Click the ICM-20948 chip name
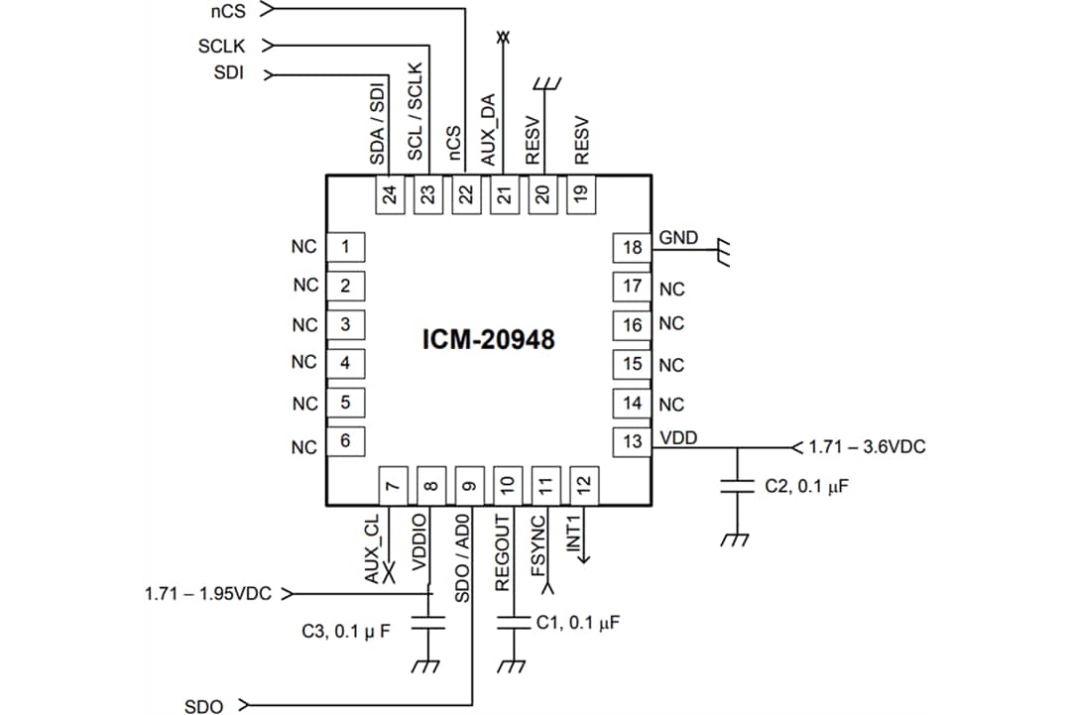click(490, 340)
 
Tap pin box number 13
click(632, 442)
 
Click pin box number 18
click(632, 247)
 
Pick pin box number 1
click(344, 247)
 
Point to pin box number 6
click(344, 441)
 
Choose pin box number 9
click(469, 485)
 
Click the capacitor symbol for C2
click(736, 487)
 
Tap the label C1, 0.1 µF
click(578, 623)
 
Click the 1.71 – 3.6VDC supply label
click(867, 447)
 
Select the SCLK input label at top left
click(222, 46)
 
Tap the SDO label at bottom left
click(204, 706)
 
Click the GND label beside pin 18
click(678, 238)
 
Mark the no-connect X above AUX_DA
click(503, 38)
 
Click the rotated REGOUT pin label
click(502, 552)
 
